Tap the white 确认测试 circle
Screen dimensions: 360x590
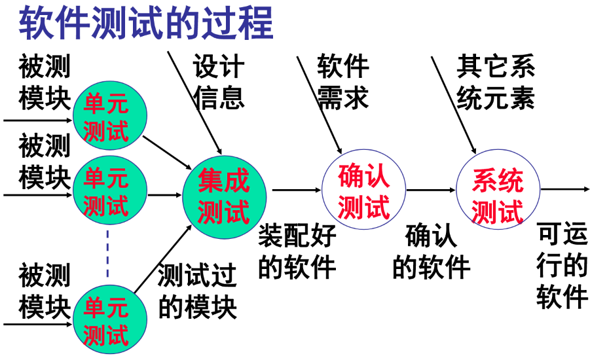pyautogui.click(x=364, y=189)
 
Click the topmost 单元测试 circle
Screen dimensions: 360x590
pyautogui.click(x=107, y=118)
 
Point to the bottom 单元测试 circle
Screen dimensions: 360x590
pyautogui.click(x=107, y=321)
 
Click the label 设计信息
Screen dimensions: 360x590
pyautogui.click(x=219, y=82)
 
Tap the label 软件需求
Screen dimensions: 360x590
pyautogui.click(x=343, y=82)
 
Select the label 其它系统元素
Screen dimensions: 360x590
pyautogui.click(x=496, y=82)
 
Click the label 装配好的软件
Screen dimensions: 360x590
pyautogui.click(x=297, y=252)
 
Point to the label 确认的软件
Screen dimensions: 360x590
pyautogui.click(x=431, y=252)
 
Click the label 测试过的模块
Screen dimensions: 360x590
pyautogui.click(x=196, y=291)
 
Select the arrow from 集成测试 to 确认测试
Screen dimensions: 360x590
pyautogui.click(x=294, y=190)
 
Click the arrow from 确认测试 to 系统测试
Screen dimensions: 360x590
pyautogui.click(x=430, y=190)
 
